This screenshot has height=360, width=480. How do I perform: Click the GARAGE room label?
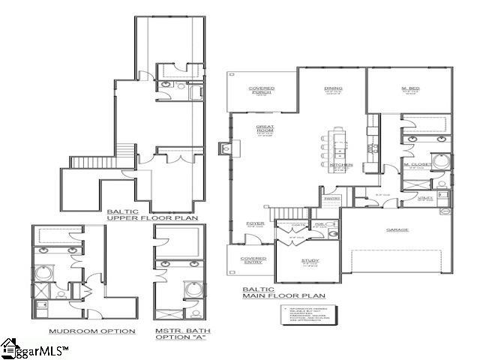point(397,229)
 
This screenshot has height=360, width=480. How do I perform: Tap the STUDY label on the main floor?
point(310,262)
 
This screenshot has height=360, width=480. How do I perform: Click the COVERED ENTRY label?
point(253,260)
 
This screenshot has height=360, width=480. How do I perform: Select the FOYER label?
point(255,223)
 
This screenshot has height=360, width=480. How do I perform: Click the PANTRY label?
point(331,199)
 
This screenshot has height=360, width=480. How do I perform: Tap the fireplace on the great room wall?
point(224,148)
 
